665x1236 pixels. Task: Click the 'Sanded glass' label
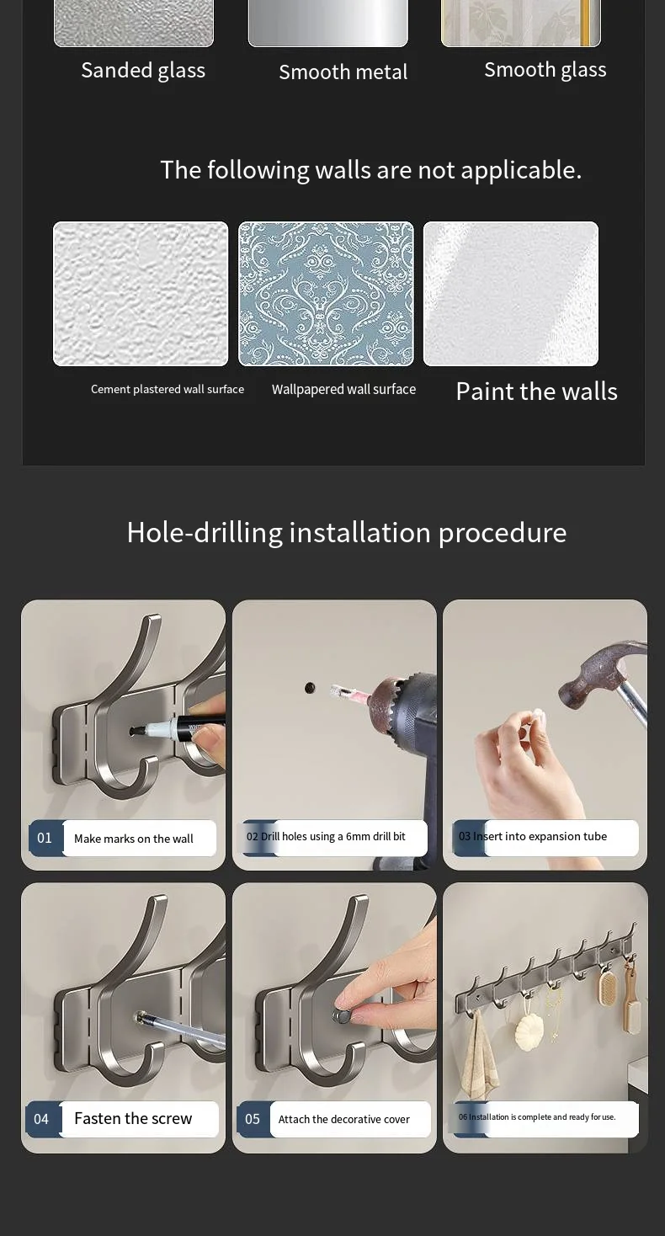pos(143,71)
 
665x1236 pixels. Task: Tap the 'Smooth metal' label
pos(343,72)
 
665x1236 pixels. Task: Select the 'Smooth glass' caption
pos(545,70)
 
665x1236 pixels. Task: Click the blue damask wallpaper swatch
pos(326,294)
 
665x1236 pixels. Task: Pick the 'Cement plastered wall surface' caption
pos(168,389)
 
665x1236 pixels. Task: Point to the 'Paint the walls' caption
pos(536,392)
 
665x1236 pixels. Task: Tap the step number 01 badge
pos(45,838)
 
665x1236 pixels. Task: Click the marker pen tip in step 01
pos(134,732)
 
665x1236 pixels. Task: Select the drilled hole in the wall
pos(310,688)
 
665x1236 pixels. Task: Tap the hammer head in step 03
pos(598,671)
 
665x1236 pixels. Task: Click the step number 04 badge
pos(42,1119)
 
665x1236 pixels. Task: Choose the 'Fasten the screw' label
pos(133,1118)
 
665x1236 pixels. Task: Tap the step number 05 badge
pos(253,1119)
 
